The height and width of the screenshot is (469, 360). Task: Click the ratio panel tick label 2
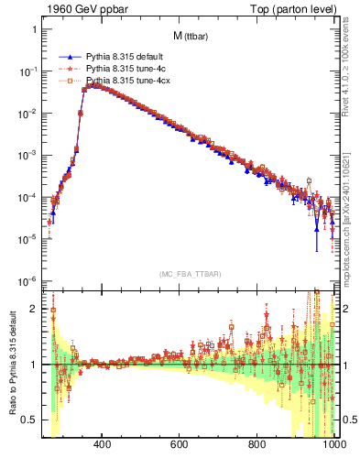(34, 309)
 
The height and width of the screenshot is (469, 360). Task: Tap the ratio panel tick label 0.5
(29, 420)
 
